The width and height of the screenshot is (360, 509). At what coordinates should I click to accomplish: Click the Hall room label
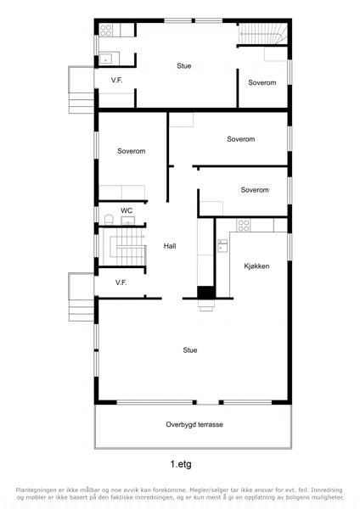(x=170, y=246)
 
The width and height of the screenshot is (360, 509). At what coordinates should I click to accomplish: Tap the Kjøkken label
(x=256, y=266)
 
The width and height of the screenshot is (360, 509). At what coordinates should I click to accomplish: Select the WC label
(x=127, y=210)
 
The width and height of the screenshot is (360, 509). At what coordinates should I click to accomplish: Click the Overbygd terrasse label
(x=194, y=424)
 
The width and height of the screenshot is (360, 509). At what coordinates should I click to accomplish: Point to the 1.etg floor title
(x=181, y=464)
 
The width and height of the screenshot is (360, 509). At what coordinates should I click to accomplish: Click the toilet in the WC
(x=109, y=220)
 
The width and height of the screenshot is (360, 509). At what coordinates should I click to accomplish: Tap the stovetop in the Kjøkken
(x=244, y=225)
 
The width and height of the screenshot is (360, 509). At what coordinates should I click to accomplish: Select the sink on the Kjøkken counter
(x=222, y=246)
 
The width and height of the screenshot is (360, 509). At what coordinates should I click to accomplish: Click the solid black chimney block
(x=205, y=293)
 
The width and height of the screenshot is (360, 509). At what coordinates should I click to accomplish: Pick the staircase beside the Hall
(x=122, y=247)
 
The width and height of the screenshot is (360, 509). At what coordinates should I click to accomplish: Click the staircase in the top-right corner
(x=263, y=33)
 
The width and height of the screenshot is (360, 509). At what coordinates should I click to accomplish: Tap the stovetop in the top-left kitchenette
(x=106, y=31)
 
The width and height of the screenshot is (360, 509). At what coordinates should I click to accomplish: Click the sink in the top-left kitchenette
(x=105, y=59)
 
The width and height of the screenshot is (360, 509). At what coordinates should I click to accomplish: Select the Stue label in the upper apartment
(x=184, y=66)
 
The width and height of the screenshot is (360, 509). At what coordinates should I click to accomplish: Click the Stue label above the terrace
(x=190, y=350)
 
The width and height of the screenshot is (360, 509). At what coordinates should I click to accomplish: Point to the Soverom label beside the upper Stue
(x=262, y=83)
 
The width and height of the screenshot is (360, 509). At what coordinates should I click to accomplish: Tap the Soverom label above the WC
(x=132, y=151)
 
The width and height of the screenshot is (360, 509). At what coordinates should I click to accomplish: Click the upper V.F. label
(x=116, y=80)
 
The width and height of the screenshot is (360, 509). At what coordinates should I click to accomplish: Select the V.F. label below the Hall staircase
(x=121, y=282)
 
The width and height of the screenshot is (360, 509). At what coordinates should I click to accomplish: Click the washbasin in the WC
(x=127, y=221)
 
